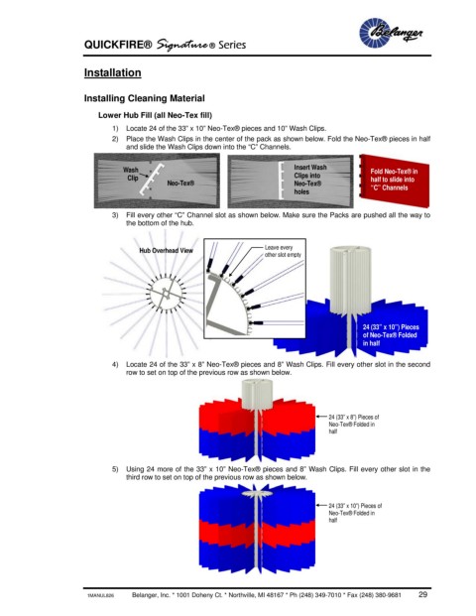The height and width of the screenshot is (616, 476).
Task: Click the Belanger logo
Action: (391, 33)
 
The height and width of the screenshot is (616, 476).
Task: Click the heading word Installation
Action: (112, 72)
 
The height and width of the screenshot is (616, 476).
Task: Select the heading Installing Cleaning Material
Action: (144, 98)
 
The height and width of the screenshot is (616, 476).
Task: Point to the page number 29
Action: (422, 594)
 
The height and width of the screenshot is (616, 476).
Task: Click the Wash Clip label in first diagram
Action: (130, 174)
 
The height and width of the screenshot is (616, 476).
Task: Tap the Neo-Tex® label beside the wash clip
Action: (180, 184)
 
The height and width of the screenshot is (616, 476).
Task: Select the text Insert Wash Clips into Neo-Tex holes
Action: (309, 180)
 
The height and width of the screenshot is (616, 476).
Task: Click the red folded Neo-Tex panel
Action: (395, 180)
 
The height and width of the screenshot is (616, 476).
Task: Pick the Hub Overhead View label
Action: (166, 251)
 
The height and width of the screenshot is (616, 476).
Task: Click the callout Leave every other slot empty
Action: (283, 251)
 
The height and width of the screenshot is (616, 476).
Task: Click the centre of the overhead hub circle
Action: (167, 293)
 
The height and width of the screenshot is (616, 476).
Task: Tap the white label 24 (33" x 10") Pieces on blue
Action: (391, 335)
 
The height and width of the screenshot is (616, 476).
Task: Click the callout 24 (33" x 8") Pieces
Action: (353, 424)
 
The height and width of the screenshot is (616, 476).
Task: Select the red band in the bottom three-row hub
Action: (257, 532)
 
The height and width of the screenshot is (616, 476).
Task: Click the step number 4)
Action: (115, 364)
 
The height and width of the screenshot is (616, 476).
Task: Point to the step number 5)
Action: (115, 469)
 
